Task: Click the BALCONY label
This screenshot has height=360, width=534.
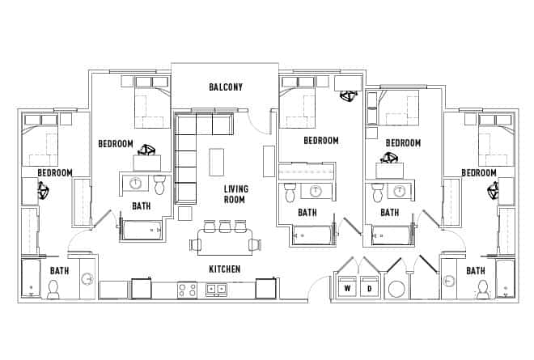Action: click(x=226, y=87)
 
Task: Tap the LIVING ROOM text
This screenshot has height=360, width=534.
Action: click(x=235, y=194)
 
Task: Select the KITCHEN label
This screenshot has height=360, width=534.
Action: click(x=224, y=269)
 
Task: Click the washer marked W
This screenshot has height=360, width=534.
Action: click(x=349, y=288)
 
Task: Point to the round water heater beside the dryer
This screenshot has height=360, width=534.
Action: click(x=398, y=290)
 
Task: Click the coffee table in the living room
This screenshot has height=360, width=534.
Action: click(x=216, y=161)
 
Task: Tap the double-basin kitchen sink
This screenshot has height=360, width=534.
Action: click(x=216, y=289)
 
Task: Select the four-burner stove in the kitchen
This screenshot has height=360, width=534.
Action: click(x=187, y=289)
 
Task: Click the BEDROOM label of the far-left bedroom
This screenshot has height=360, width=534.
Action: click(x=55, y=172)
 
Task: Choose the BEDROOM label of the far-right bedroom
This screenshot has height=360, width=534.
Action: click(x=479, y=172)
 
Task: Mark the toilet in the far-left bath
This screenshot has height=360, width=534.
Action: click(x=54, y=288)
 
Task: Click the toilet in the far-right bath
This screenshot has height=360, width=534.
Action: click(x=482, y=288)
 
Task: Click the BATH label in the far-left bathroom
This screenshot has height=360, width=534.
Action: click(x=59, y=271)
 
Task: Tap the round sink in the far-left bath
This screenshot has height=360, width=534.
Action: click(x=87, y=279)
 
